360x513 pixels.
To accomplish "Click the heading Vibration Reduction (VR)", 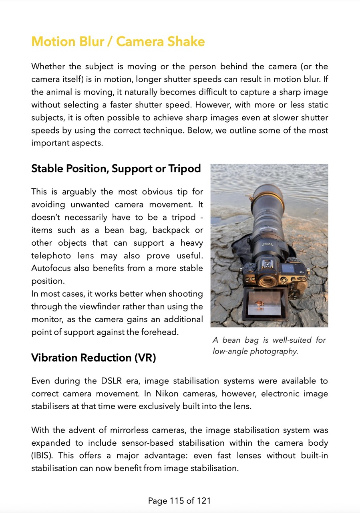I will [93, 357].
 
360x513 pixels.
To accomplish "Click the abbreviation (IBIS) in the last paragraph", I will [41, 455].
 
